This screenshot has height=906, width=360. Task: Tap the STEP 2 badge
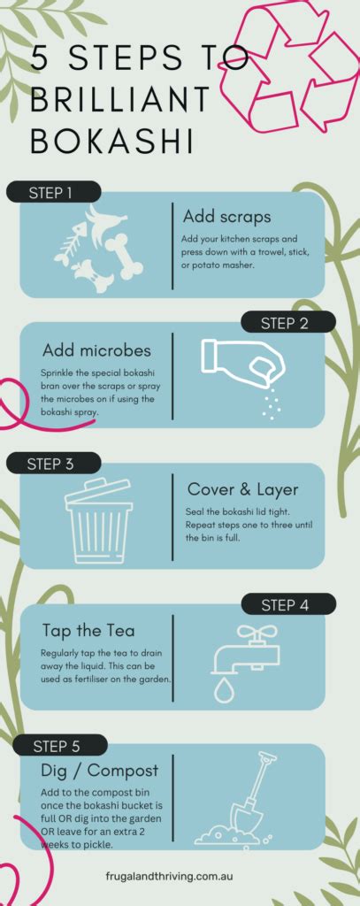pyautogui.click(x=285, y=323)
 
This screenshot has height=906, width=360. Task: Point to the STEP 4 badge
pyautogui.click(x=285, y=605)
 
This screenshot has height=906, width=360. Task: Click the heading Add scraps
pyautogui.click(x=227, y=217)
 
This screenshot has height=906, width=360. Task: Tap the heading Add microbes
pyautogui.click(x=96, y=350)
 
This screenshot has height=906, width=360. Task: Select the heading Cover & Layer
pyautogui.click(x=243, y=489)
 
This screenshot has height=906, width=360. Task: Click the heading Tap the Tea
pyautogui.click(x=88, y=631)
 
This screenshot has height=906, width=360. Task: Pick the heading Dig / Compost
pyautogui.click(x=100, y=771)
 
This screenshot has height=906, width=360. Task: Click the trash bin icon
pyautogui.click(x=98, y=521)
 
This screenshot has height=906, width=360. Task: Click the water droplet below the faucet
pyautogui.click(x=225, y=689)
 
